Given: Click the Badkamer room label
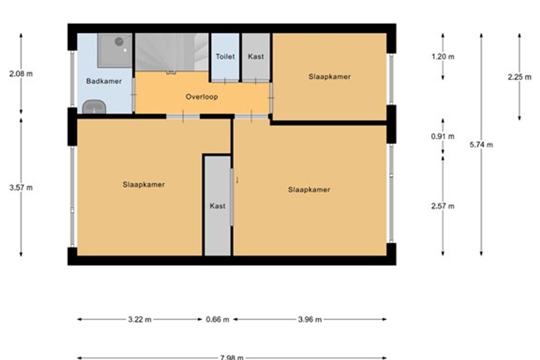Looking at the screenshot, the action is click(x=104, y=81).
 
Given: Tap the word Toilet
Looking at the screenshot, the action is click(x=225, y=57).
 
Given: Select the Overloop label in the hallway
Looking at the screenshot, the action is click(x=202, y=97).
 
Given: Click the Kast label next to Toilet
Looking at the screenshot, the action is click(x=256, y=57).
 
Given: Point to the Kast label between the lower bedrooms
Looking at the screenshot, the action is click(x=217, y=206).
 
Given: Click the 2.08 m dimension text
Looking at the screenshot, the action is click(x=21, y=74).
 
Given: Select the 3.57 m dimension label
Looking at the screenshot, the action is click(x=21, y=188).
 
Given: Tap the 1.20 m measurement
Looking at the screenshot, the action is click(x=443, y=57).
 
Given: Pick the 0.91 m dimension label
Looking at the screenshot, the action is click(x=443, y=136).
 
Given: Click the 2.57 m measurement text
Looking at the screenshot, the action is click(x=443, y=207).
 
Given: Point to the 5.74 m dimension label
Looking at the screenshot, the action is click(x=481, y=145).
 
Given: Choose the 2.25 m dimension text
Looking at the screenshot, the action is click(x=519, y=77).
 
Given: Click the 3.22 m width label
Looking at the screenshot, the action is click(x=140, y=320).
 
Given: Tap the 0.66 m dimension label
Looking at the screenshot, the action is click(x=217, y=320).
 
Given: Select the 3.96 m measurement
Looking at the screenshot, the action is click(x=310, y=320).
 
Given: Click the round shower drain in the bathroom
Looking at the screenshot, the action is click(x=119, y=41).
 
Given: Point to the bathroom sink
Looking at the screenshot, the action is click(x=94, y=107).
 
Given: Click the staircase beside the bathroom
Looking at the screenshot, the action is click(x=171, y=52).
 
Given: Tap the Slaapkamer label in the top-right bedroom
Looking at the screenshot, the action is click(x=329, y=76).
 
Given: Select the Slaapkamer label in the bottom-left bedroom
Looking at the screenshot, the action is click(x=144, y=184).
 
